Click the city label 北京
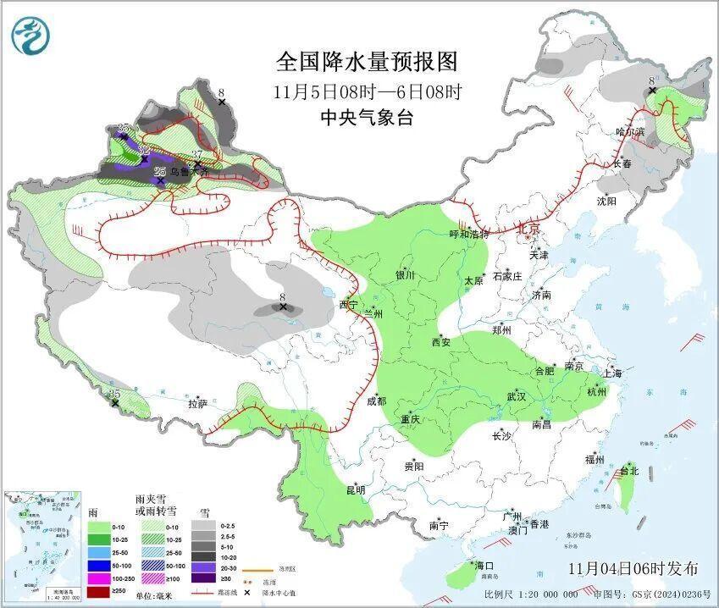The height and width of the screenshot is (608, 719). (528, 229)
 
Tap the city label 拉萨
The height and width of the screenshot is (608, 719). (197, 404)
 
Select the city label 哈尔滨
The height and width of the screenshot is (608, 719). (630, 132)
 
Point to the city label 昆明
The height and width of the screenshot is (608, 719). (355, 490)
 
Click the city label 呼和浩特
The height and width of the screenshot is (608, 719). (469, 235)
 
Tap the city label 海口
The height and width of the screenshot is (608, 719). (484, 566)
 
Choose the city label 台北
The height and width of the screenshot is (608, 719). (628, 471)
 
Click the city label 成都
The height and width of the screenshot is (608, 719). (376, 401)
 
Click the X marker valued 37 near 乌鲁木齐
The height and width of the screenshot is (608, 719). (196, 165)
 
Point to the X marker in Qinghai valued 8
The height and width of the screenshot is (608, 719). (283, 307)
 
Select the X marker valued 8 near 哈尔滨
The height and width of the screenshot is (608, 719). (652, 91)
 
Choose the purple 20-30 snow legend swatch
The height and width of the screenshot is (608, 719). (202, 565)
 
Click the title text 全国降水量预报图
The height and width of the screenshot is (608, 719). (367, 62)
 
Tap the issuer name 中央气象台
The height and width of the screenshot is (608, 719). (367, 119)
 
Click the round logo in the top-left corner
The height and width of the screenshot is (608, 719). (30, 35)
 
